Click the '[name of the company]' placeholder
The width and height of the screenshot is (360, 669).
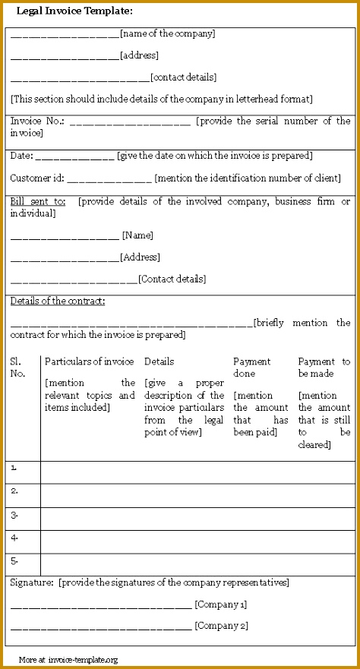pyautogui.click(x=167, y=33)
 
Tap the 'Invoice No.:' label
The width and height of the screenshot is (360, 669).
pyautogui.click(x=37, y=121)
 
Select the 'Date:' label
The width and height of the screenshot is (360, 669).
pyautogui.click(x=21, y=156)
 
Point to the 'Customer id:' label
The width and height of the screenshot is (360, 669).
pyautogui.click(x=37, y=178)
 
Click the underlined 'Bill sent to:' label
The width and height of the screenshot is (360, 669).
pyautogui.click(x=38, y=202)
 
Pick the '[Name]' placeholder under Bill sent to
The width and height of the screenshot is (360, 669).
pyautogui.click(x=137, y=235)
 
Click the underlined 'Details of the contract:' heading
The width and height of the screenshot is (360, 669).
pyautogui.click(x=58, y=301)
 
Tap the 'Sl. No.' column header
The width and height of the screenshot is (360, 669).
pyautogui.click(x=17, y=368)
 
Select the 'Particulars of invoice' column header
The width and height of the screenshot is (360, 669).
pyautogui.click(x=90, y=361)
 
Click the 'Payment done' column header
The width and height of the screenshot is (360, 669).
pyautogui.click(x=251, y=368)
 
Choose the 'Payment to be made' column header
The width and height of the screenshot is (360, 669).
pyautogui.click(x=324, y=368)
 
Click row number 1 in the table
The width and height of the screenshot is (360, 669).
pyautogui.click(x=15, y=468)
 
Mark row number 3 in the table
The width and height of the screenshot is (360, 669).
pyautogui.click(x=15, y=515)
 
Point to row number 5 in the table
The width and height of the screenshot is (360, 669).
pyautogui.click(x=15, y=561)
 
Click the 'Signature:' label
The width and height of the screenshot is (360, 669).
pyautogui.click(x=31, y=583)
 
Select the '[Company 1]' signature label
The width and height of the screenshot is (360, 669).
pyautogui.click(x=221, y=605)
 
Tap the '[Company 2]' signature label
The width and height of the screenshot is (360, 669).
pyautogui.click(x=221, y=626)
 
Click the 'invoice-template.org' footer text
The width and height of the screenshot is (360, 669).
pyautogui.click(x=83, y=660)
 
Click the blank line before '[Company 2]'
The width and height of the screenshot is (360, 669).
pyautogui.click(x=101, y=628)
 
